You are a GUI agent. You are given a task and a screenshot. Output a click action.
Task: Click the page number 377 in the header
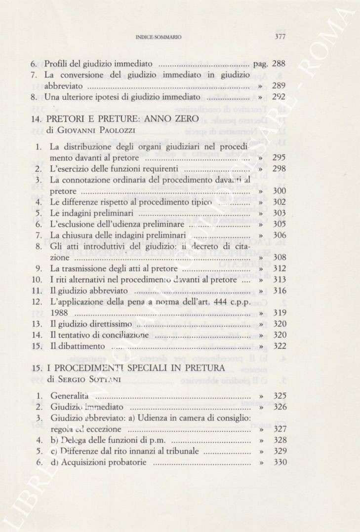coord(280,37)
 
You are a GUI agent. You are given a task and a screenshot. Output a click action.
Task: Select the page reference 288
coord(279,64)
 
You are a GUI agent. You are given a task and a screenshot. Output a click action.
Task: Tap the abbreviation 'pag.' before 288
coord(260,64)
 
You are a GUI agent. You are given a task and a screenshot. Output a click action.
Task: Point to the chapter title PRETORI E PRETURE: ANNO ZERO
coord(121,119)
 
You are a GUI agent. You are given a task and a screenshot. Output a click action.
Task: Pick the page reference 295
coord(280,158)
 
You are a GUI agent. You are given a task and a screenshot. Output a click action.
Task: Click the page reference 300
coord(280,191)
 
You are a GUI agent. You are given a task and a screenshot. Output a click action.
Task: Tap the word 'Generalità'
coord(70,396)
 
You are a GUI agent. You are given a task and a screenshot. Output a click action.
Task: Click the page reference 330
coord(280,462)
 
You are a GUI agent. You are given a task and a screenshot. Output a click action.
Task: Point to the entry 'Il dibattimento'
coord(78,346)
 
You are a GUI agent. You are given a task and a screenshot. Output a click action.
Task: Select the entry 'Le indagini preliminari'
coord(92,213)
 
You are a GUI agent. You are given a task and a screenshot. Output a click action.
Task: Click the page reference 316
coord(280,291)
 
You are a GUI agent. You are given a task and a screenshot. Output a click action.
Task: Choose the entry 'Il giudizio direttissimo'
coord(91,324)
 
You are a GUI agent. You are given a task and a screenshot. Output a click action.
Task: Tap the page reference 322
coord(280,346)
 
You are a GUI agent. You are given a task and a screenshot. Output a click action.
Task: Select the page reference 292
coord(279,97)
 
